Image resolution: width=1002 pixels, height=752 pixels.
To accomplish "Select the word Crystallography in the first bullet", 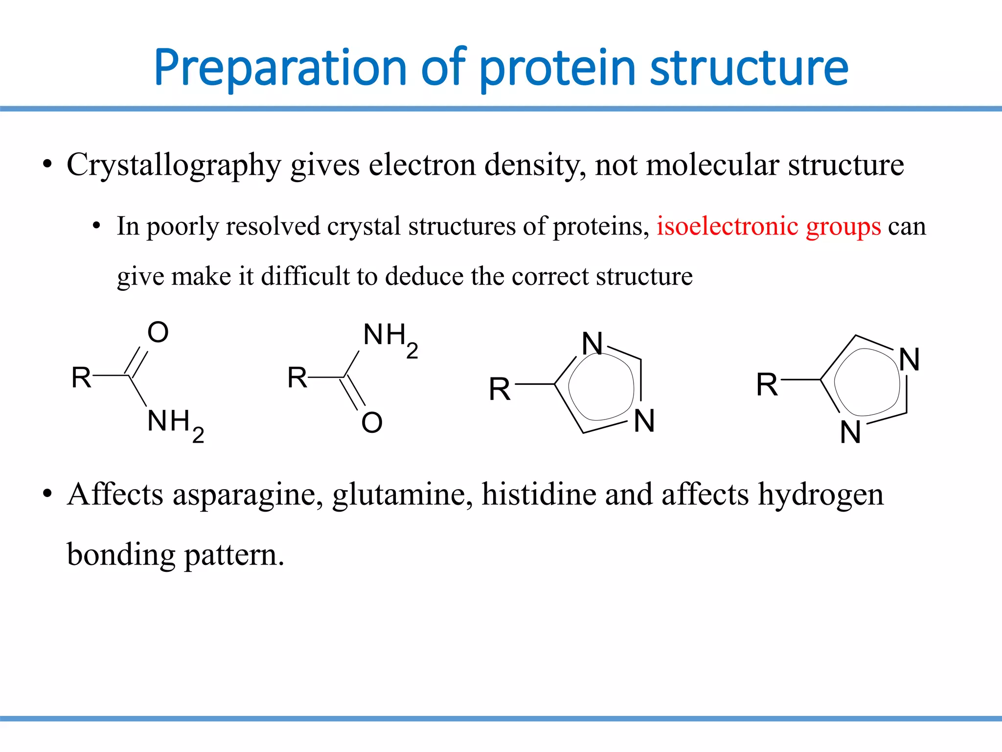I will click(174, 165).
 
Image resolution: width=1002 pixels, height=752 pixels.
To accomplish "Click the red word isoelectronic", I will click(728, 226).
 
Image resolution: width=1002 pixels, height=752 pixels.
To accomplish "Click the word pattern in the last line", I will click(234, 555).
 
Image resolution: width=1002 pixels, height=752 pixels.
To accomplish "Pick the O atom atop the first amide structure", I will click(158, 332).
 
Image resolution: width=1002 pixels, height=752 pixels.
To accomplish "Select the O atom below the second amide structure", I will click(372, 423).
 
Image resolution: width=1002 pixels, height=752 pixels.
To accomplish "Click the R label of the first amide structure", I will click(81, 377).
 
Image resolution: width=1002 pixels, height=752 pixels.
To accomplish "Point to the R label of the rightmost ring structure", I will click(767, 384).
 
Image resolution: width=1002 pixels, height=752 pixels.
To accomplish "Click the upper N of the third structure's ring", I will click(592, 343).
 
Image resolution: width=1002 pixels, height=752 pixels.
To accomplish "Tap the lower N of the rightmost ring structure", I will click(850, 432).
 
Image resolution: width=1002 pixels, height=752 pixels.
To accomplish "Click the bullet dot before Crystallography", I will click(47, 165).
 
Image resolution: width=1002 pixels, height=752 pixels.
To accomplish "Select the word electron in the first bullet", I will click(422, 165).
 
